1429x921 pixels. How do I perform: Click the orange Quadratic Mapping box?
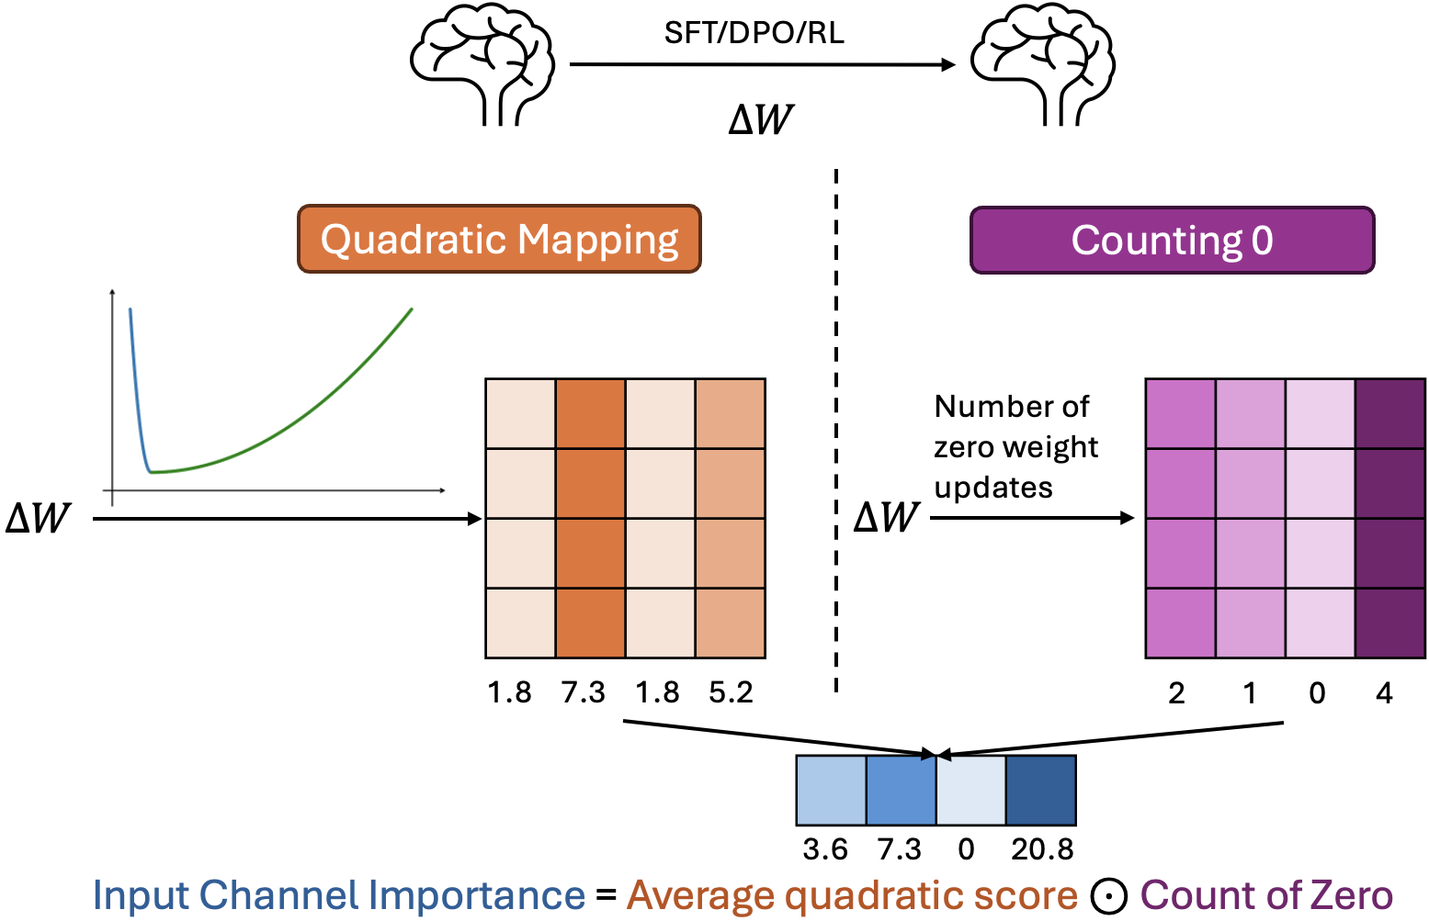click(499, 239)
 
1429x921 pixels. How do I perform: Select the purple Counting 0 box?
click(1172, 241)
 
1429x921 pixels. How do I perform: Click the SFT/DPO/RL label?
click(754, 33)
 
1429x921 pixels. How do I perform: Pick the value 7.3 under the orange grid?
click(584, 692)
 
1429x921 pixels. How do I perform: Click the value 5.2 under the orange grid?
click(731, 692)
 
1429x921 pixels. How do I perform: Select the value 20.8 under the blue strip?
click(1042, 849)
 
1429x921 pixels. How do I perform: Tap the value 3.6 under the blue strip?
click(825, 849)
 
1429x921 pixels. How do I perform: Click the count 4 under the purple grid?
click(1384, 693)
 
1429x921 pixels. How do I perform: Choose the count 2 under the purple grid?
click(1176, 693)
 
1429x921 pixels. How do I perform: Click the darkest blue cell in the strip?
click(1041, 791)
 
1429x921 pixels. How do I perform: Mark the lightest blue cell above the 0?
click(970, 791)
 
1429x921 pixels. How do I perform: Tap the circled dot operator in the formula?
click(1109, 897)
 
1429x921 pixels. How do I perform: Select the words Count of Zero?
click(1266, 895)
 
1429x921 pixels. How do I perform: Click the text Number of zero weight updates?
click(1015, 446)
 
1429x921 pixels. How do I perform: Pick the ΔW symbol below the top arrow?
click(760, 120)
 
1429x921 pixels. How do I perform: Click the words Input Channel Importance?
click(339, 895)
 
